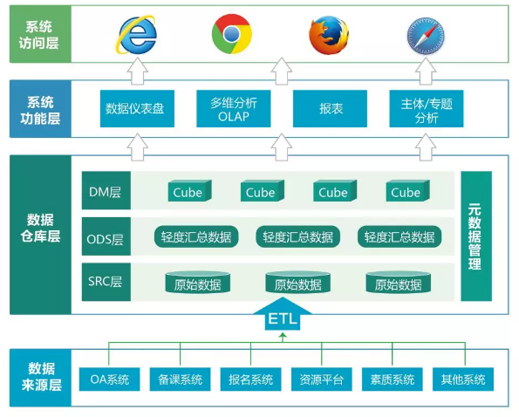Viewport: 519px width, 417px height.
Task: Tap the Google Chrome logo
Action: pos(231,35)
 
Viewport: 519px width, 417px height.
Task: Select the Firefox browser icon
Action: pos(328,35)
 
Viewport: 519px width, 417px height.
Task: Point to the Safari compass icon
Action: pos(427,35)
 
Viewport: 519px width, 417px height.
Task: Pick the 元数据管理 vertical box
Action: pos(475,236)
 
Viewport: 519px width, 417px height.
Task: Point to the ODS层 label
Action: pos(106,238)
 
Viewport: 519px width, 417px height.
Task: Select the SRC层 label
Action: pos(106,284)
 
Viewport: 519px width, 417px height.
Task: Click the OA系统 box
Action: pos(109,379)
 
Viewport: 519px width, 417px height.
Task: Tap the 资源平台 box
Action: pos(321,379)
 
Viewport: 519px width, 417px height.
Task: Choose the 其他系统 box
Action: pos(462,379)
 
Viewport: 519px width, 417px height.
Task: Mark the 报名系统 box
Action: pos(250,379)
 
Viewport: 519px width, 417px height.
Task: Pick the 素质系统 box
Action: pos(392,379)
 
